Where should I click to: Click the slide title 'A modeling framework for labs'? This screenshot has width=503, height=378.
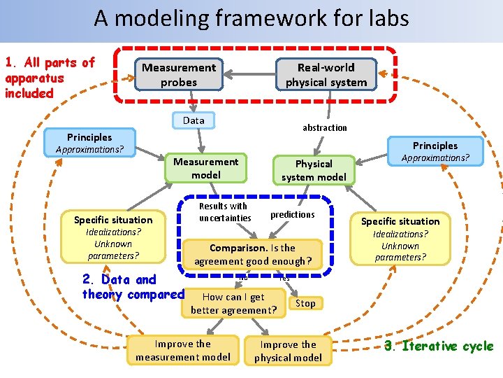pyautogui.click(x=251, y=19)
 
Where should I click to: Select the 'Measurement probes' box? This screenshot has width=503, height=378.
pyautogui.click(x=179, y=75)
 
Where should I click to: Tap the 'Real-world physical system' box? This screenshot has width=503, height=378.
pyautogui.click(x=326, y=75)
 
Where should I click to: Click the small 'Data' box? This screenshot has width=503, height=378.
pyautogui.click(x=194, y=120)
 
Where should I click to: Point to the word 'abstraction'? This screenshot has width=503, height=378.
pyautogui.click(x=324, y=127)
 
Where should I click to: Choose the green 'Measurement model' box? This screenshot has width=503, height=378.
pyautogui.click(x=206, y=168)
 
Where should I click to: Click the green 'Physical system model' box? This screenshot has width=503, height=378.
pyautogui.click(x=314, y=170)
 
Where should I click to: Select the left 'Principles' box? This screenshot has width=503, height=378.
pyautogui.click(x=89, y=142)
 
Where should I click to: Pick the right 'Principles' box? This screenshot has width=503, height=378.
pyautogui.click(x=435, y=151)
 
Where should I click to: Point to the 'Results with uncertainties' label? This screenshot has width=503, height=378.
pyautogui.click(x=224, y=212)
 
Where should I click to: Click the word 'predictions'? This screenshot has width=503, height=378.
pyautogui.click(x=293, y=214)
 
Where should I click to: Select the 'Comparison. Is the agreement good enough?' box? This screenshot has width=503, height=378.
pyautogui.click(x=252, y=255)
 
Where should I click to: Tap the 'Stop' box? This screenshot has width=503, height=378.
pyautogui.click(x=305, y=303)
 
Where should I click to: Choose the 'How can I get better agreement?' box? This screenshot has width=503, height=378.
pyautogui.click(x=233, y=303)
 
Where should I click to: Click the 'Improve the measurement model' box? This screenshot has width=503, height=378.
pyautogui.click(x=183, y=350)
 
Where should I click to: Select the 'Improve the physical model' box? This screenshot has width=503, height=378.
pyautogui.click(x=289, y=351)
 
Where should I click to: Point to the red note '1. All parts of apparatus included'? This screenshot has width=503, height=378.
pyautogui.click(x=49, y=78)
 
